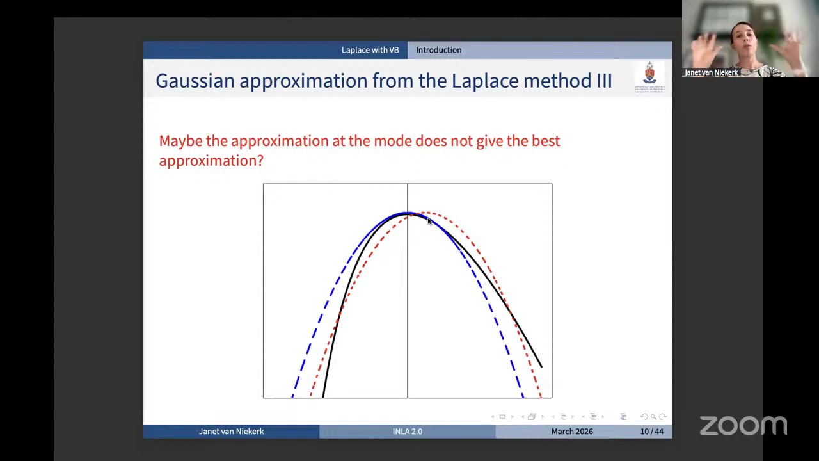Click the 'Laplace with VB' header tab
[x=370, y=50]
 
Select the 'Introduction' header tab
[x=438, y=50]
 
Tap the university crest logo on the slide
[x=649, y=77]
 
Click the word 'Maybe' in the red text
[x=180, y=141]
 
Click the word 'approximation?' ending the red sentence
[x=211, y=161]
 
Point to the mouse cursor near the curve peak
[x=429, y=221]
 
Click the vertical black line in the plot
[x=408, y=307]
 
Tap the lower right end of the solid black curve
[x=541, y=366]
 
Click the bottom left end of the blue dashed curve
[x=294, y=394]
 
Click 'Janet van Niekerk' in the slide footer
[x=231, y=432]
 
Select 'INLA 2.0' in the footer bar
[x=407, y=432]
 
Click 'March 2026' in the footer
[x=571, y=432]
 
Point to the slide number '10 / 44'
[x=651, y=432]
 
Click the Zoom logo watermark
[x=743, y=426]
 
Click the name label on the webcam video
[x=711, y=72]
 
